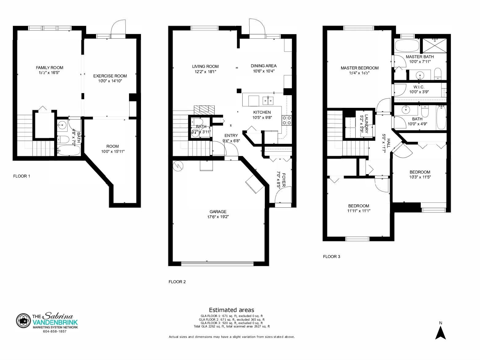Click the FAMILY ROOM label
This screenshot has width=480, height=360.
tap(49, 68)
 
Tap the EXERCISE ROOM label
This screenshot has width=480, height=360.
tap(110, 76)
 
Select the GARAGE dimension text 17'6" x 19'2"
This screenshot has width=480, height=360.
tap(218, 217)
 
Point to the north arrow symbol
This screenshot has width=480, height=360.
tap(440, 333)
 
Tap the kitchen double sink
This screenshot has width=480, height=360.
tap(268, 101)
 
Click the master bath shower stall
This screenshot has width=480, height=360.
tap(434, 45)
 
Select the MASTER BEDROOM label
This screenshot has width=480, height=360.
tap(360, 68)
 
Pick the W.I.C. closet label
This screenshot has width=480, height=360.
tap(419, 87)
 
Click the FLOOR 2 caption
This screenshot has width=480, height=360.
tap(177, 282)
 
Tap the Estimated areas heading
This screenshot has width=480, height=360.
tap(232, 310)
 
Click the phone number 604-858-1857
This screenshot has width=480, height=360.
tap(55, 331)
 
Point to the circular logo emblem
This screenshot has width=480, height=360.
tap(23, 321)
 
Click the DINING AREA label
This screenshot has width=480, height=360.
tap(264, 66)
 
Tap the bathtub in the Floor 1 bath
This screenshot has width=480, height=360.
tap(69, 150)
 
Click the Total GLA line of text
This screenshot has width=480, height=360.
tap(232, 327)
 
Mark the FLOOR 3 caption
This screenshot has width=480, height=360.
tap(332, 256)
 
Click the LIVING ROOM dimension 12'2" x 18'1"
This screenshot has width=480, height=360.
tap(205, 72)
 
